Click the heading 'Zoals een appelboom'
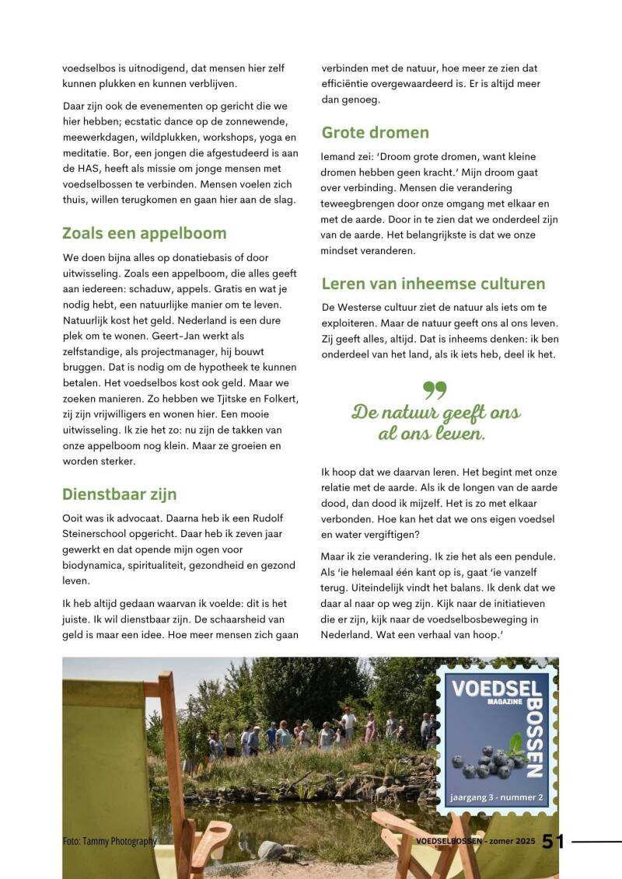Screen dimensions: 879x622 click(x=144, y=233)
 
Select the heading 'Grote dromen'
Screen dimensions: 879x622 click(x=375, y=132)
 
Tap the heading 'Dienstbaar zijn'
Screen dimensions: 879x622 click(x=119, y=494)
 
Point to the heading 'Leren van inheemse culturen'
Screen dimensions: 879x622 click(x=433, y=284)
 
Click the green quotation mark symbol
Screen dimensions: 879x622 click(x=435, y=389)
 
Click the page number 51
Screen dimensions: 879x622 click(x=553, y=842)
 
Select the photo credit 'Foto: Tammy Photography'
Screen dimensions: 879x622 click(x=110, y=842)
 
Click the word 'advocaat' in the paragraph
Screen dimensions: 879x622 click(x=136, y=518)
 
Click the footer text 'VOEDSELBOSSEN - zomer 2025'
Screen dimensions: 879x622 click(x=476, y=842)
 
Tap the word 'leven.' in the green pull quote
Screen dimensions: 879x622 click(x=455, y=434)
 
